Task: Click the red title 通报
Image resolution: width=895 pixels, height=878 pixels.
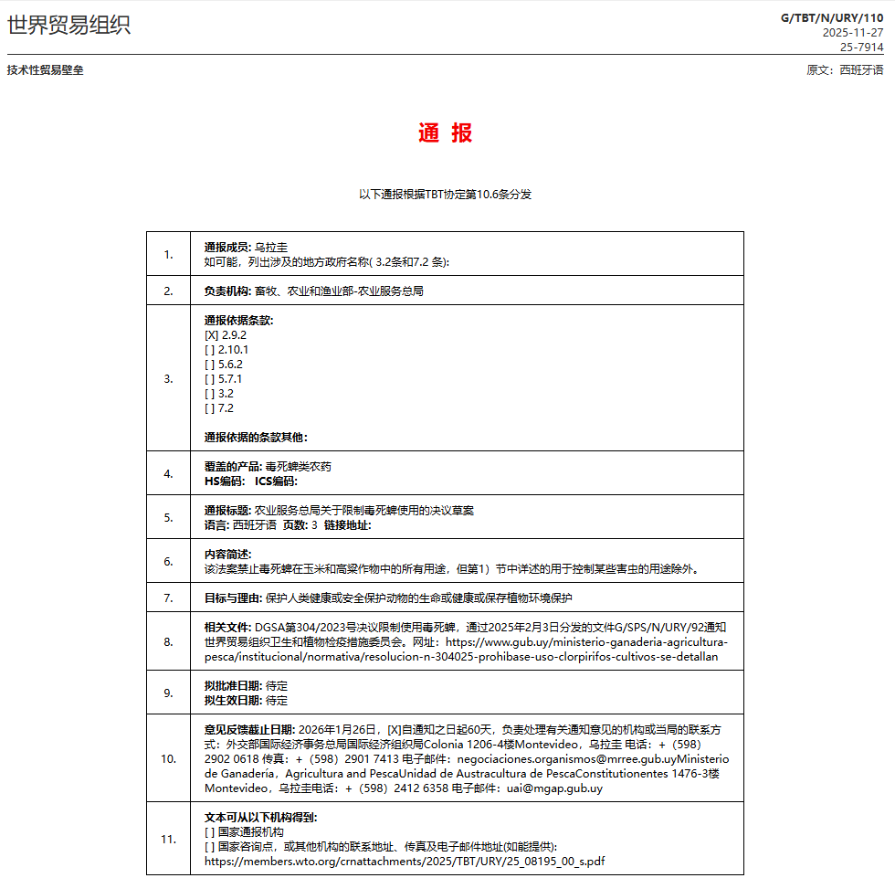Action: [446, 133]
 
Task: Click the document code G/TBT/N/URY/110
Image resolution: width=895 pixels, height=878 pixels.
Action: [832, 17]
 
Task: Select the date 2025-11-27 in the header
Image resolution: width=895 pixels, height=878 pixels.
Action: [853, 32]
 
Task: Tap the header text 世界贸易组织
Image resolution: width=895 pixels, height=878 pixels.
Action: [69, 25]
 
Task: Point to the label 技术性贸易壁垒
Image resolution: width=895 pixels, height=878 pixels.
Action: [46, 70]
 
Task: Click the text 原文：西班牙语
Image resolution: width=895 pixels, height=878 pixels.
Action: [845, 70]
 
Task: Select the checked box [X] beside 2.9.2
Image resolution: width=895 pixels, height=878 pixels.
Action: [211, 335]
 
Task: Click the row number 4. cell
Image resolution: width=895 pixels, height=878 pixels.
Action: [168, 473]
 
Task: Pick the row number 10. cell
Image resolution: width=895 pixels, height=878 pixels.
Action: [168, 758]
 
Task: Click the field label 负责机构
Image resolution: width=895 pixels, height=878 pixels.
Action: [227, 291]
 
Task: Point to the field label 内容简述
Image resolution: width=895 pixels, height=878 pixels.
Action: [227, 555]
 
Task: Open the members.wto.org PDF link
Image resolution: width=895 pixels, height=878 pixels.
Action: [405, 861]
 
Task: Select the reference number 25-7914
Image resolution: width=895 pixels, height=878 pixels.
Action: [861, 47]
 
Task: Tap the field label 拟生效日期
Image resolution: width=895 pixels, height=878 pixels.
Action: [233, 701]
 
